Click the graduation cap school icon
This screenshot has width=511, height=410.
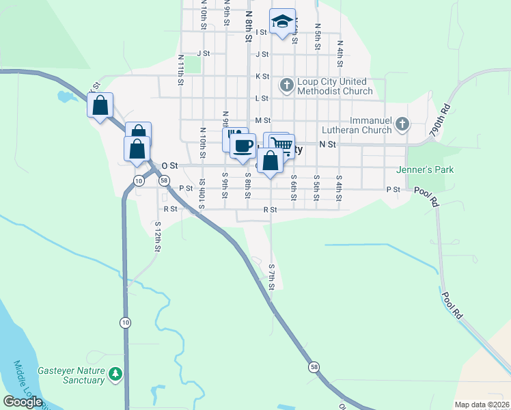pyautogui.click(x=281, y=21)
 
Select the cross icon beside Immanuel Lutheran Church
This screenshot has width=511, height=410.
pyautogui.click(x=403, y=124)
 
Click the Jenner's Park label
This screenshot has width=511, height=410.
pyautogui.click(x=429, y=169)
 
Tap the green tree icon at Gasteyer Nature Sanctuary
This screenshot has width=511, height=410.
pyautogui.click(x=117, y=373)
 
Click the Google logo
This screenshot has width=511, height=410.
pyautogui.click(x=23, y=402)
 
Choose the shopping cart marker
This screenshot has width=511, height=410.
pyautogui.click(x=279, y=144)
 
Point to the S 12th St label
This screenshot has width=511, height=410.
pyautogui.click(x=158, y=236)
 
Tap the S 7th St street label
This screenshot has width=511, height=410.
pyautogui.click(x=271, y=277)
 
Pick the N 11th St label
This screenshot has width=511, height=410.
pyautogui.click(x=181, y=70)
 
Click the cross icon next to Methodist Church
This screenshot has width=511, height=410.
pyautogui.click(x=286, y=85)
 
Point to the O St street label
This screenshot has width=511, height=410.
pyautogui.click(x=169, y=165)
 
